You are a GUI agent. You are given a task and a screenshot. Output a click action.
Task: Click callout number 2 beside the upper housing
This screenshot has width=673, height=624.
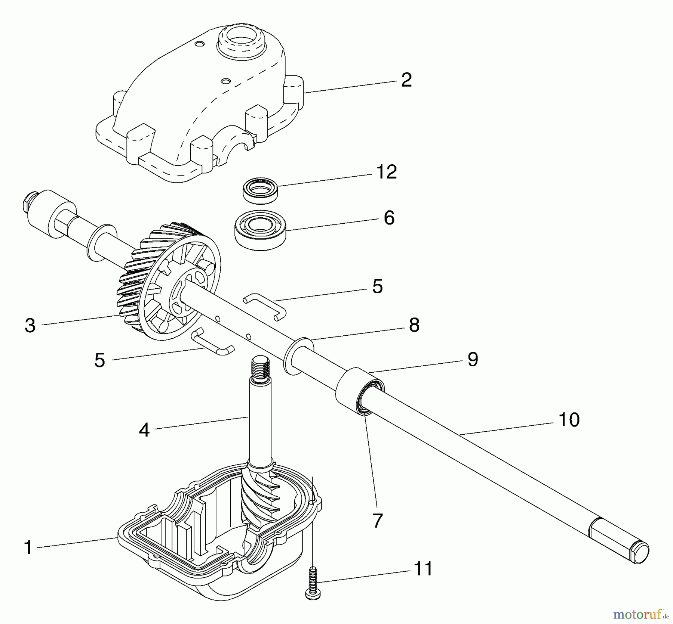[x=406, y=80]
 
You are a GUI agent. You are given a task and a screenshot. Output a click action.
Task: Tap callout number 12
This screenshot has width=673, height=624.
[x=386, y=172]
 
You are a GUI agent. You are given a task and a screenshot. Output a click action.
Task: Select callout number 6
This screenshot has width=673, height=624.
[x=389, y=218]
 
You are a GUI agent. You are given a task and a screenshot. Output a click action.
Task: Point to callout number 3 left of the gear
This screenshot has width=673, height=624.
[x=30, y=325]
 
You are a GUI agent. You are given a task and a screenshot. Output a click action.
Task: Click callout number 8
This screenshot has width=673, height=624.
[x=414, y=325]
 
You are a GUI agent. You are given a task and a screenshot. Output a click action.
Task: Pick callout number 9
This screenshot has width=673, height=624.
[x=473, y=359]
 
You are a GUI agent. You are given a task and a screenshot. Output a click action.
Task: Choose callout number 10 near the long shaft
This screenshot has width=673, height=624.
[x=569, y=419]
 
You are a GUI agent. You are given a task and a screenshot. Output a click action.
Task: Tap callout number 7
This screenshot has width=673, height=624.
[x=377, y=520]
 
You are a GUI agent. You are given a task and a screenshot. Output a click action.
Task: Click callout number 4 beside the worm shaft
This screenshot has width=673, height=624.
[x=144, y=430]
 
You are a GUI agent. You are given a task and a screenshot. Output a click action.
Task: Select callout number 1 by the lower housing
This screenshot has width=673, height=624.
[x=28, y=547]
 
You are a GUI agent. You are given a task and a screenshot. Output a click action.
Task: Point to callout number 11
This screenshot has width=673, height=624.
[x=423, y=569]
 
